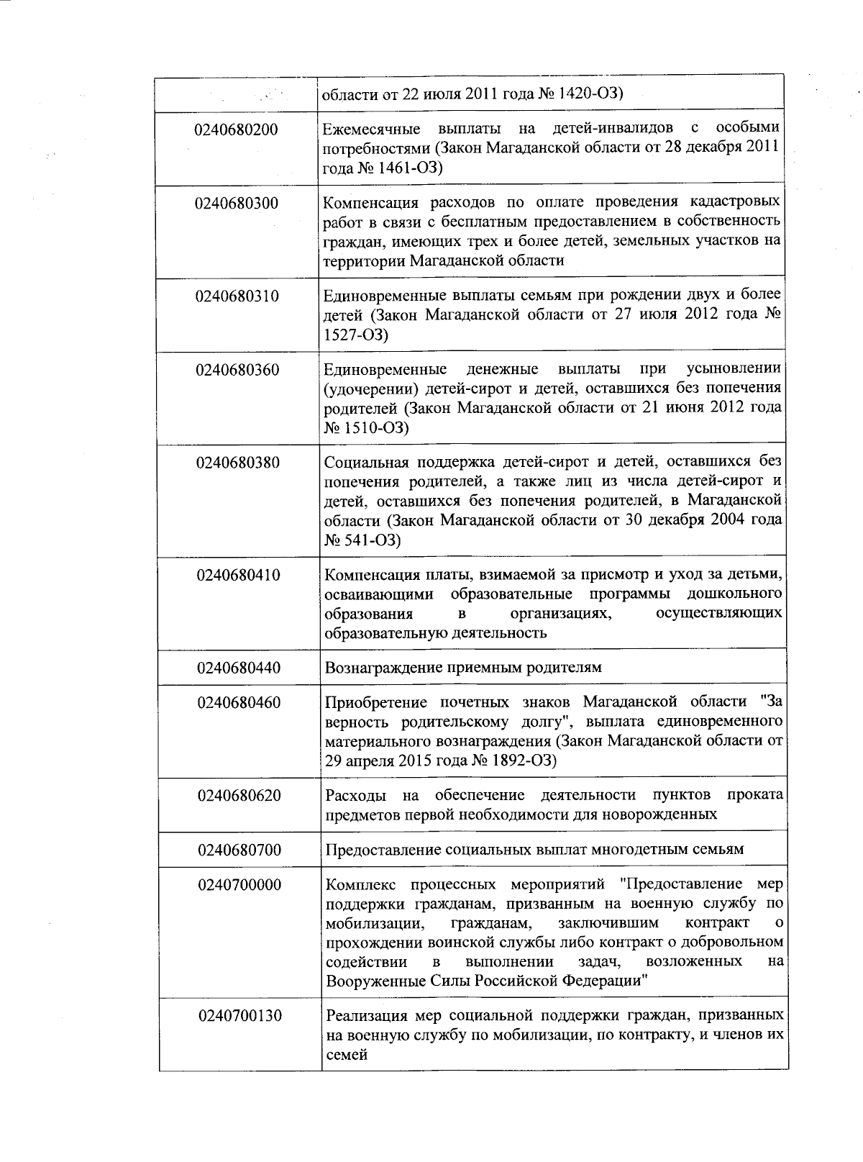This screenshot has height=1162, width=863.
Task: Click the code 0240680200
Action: [x=236, y=130]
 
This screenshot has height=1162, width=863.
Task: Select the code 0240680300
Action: [x=236, y=204]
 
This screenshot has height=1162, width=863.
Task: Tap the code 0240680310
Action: [x=237, y=296]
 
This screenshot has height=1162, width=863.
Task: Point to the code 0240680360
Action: [x=237, y=371]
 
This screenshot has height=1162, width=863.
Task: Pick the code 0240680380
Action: [x=238, y=463]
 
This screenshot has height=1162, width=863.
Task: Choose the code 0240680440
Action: [x=239, y=668]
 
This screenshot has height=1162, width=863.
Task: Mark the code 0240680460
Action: [x=239, y=703]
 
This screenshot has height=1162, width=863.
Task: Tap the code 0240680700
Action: [x=239, y=850]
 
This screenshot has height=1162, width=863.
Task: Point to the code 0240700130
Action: [x=240, y=1017]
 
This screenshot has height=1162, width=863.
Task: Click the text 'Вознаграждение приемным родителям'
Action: [x=463, y=668]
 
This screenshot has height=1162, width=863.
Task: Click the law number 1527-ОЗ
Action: [x=355, y=335]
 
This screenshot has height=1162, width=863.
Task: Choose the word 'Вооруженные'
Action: [x=367, y=981]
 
